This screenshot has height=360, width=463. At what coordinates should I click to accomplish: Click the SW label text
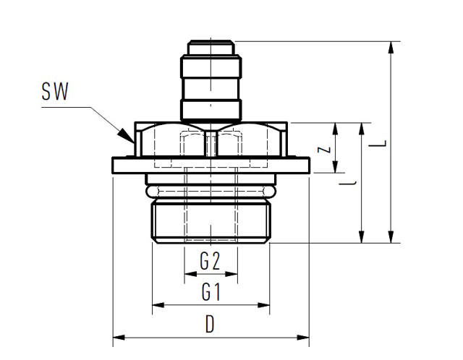tap(55, 91)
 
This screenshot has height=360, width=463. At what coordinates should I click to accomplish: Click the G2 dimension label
tap(210, 261)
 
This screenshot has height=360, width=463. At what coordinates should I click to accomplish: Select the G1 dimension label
tap(211, 291)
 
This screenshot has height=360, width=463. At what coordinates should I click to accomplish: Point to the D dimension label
tap(210, 324)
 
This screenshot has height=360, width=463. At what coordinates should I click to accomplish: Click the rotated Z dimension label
tap(324, 150)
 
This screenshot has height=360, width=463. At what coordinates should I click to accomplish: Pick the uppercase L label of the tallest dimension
tap(378, 144)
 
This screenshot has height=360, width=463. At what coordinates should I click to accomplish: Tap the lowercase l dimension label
tap(347, 183)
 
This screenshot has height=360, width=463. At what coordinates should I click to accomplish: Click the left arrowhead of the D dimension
tap(119, 338)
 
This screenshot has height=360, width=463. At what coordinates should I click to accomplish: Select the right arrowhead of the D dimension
tap(303, 338)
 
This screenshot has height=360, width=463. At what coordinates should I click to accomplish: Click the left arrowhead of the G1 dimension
tap(158, 305)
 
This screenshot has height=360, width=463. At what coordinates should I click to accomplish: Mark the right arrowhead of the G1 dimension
tap(263, 305)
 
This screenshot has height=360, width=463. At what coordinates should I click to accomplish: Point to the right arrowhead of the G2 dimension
tap(231, 274)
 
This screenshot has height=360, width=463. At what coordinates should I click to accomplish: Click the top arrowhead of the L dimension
tap(391, 48)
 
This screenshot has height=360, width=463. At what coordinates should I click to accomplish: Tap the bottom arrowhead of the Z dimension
tap(335, 167)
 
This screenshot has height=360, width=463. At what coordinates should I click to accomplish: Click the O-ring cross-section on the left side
tap(152, 192)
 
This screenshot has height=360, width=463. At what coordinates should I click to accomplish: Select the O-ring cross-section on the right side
tap(270, 192)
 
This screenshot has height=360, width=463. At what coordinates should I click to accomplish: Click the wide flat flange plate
tap(211, 166)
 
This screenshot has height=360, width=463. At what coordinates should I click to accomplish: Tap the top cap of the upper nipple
tap(211, 47)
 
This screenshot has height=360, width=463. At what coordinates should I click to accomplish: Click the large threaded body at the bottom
tap(211, 220)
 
